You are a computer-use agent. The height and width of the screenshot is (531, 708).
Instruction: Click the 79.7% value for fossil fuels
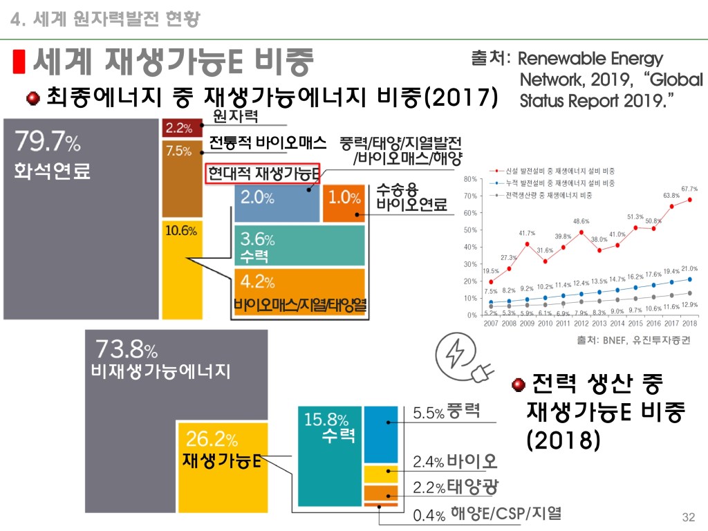tap(48, 144)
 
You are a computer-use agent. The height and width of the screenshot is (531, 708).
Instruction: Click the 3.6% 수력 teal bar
tap(299, 246)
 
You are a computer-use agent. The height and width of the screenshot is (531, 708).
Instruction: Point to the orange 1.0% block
tap(344, 198)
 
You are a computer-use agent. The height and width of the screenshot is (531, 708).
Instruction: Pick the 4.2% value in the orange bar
tap(258, 282)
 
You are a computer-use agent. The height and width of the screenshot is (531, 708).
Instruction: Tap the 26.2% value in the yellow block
tap(212, 439)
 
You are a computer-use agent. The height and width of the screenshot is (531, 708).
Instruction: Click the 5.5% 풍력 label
tap(447, 412)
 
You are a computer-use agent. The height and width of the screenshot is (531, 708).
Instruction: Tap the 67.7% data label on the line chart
tap(689, 188)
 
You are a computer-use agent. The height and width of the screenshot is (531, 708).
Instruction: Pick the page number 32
tap(687, 518)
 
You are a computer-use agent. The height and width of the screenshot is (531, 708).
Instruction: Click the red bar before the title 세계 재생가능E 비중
tap(20, 62)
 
